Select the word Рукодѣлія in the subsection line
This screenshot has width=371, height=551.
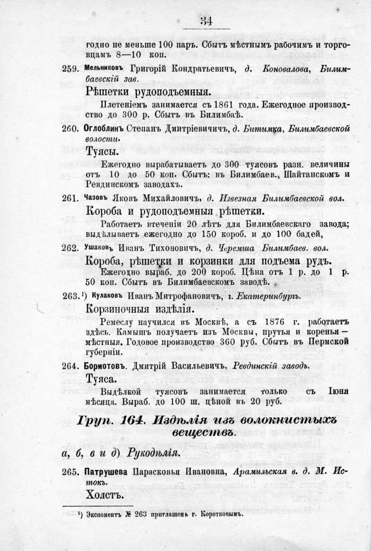(x=150, y=454)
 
